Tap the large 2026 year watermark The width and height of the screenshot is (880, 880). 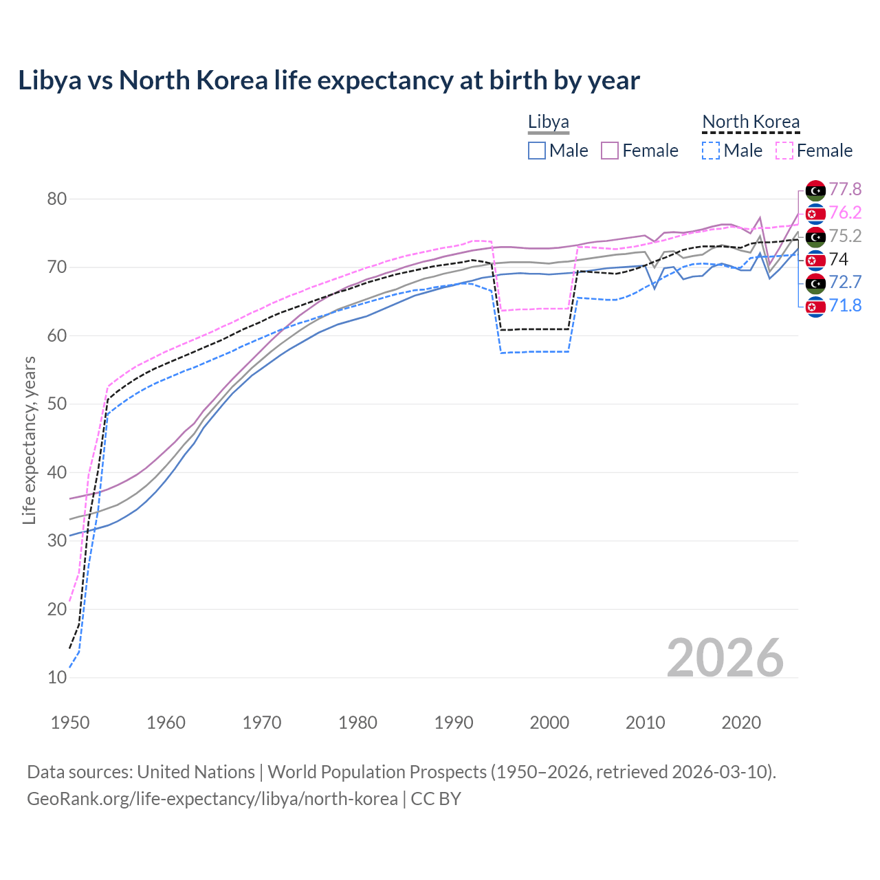(725, 658)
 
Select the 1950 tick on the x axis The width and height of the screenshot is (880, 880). (70, 723)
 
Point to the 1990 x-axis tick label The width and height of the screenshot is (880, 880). (454, 723)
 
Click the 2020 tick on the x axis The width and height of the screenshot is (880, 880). (741, 723)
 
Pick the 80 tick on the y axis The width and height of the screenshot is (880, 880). (57, 199)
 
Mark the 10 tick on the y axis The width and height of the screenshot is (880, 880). (57, 678)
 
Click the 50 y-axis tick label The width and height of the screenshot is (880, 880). (57, 404)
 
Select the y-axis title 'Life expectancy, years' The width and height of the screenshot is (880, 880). (29, 440)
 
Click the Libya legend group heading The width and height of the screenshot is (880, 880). (548, 122)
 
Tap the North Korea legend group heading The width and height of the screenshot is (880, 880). (751, 122)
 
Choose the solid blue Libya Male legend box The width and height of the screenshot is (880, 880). (537, 151)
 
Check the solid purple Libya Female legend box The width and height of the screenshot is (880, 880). (610, 151)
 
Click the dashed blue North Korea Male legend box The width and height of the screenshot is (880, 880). (711, 151)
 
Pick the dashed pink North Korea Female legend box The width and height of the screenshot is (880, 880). (784, 151)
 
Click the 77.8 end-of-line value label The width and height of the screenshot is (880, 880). (845, 190)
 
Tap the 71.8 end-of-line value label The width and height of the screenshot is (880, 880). (845, 306)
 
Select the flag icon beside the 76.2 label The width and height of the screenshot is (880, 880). (815, 214)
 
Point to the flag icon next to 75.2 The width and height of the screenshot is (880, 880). (815, 236)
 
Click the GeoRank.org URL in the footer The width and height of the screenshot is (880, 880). (212, 799)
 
